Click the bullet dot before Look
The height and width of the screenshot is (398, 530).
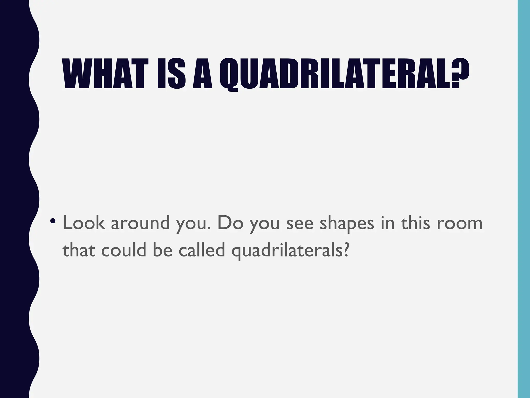pyautogui.click(x=53, y=221)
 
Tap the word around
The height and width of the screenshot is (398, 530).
pyautogui.click(x=140, y=223)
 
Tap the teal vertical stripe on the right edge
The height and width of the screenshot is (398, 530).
pyautogui.click(x=524, y=199)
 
